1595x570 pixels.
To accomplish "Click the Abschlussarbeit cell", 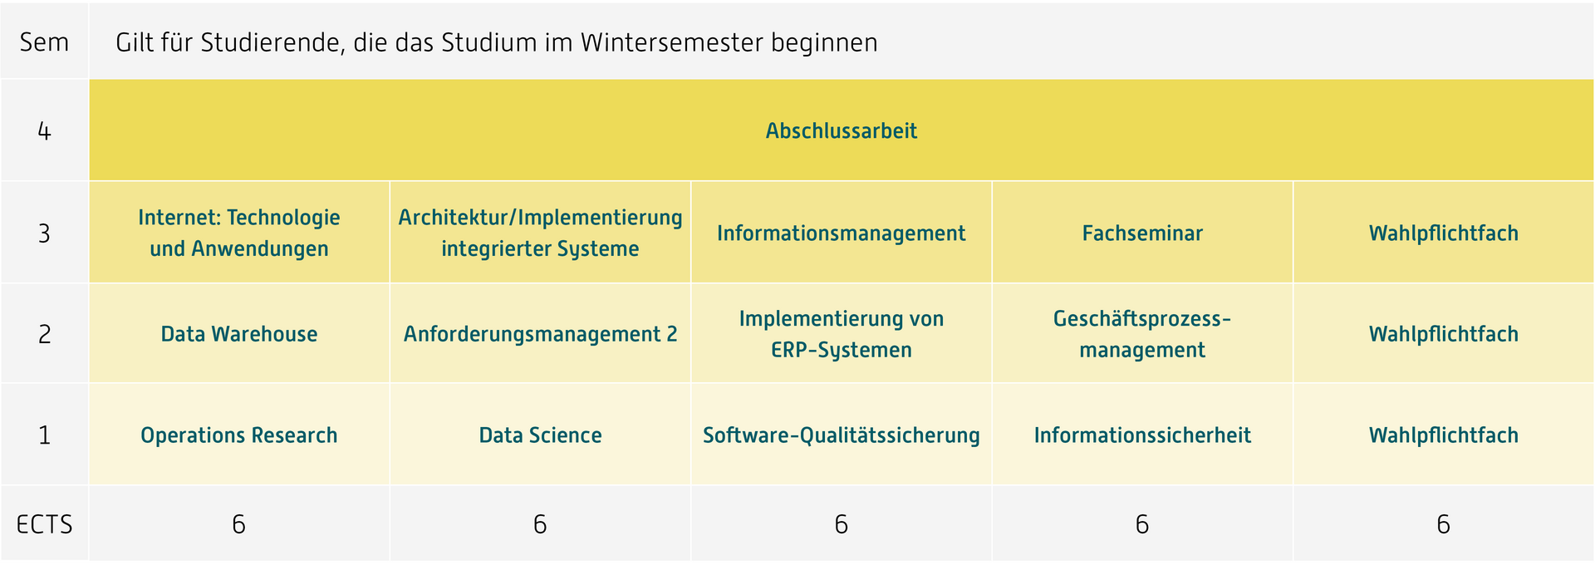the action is (841, 130).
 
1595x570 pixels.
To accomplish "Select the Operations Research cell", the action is (239, 435).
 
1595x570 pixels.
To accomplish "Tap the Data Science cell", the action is (540, 435).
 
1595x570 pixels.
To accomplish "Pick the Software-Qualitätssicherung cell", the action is (841, 435).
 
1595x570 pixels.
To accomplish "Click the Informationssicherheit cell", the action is (1142, 435).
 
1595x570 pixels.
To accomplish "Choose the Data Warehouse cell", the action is (239, 333).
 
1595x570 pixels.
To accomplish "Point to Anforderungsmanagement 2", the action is (540, 333).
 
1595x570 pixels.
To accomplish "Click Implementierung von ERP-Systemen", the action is (841, 333).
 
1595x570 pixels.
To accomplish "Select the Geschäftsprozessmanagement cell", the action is (1142, 333).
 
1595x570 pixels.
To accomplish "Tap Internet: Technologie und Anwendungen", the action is (239, 233).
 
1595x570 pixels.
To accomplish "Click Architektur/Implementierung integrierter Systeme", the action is (540, 233).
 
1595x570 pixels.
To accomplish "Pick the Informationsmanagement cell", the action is (841, 233).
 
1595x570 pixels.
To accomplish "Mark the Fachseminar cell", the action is (1142, 233).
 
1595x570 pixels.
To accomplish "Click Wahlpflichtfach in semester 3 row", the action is (1444, 233).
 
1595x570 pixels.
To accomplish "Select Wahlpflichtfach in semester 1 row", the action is (1444, 435).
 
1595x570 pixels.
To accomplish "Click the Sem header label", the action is (44, 42).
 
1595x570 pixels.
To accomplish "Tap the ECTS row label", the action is (44, 524).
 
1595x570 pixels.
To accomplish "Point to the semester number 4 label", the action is (44, 131).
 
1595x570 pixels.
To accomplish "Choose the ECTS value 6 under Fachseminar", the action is (1142, 524).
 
